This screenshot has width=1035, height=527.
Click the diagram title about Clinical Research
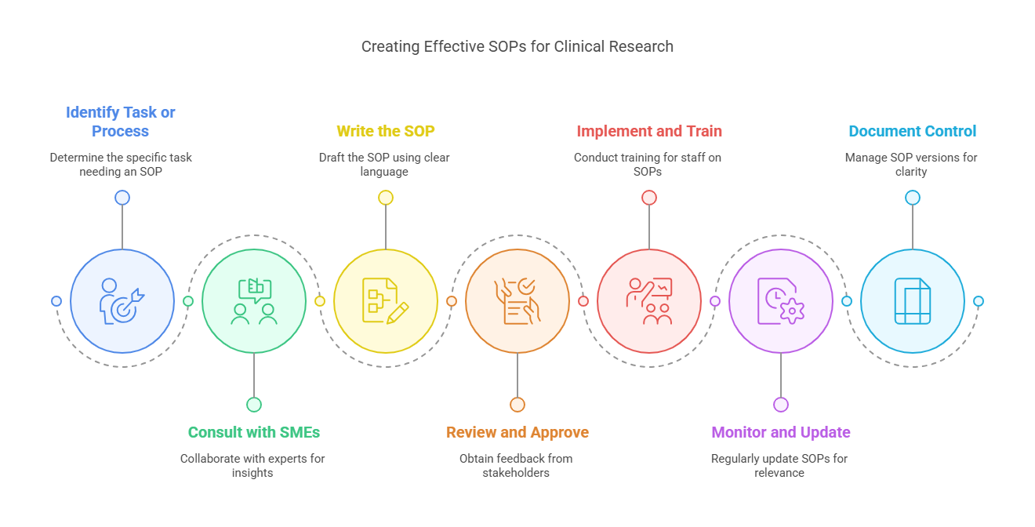tap(517, 46)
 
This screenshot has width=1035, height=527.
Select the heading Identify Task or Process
tap(120, 122)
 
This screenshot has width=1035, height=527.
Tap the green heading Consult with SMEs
tap(253, 432)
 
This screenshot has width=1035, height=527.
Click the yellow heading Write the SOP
tap(385, 131)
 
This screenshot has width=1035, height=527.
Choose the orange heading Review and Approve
tap(517, 432)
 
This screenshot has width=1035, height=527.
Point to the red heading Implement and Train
tap(648, 131)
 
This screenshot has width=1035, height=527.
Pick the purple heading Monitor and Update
tap(780, 432)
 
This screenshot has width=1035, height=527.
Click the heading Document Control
tap(912, 131)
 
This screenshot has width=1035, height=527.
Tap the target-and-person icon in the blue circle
tap(122, 301)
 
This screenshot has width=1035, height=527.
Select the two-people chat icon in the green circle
tap(254, 301)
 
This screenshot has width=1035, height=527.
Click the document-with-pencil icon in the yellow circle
tap(386, 301)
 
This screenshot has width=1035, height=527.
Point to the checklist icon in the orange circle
tap(517, 301)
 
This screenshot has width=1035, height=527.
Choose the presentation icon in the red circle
tap(649, 301)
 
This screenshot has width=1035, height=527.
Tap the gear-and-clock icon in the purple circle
tap(781, 301)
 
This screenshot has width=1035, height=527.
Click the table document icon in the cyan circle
tap(913, 301)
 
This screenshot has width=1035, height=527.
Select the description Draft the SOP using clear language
tap(384, 164)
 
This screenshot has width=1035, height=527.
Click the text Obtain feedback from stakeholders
tap(516, 465)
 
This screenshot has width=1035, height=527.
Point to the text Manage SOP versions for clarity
tap(911, 164)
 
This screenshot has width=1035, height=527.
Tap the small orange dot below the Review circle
tap(517, 405)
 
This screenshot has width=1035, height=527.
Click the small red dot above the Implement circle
tap(649, 198)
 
